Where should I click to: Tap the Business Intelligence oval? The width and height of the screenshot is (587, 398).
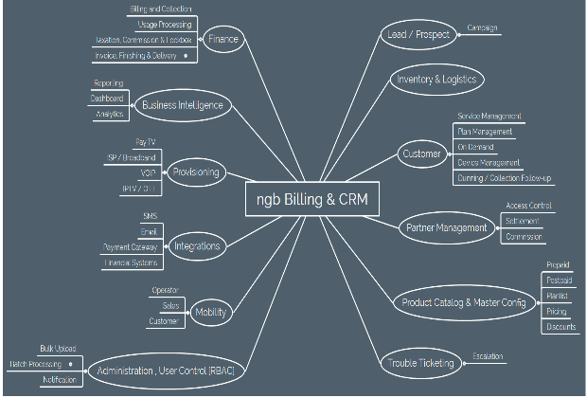click(182, 105)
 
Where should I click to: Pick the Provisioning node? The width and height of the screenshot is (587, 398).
click(195, 172)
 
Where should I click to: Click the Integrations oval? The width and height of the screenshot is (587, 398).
click(196, 246)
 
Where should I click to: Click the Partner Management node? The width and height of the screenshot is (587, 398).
click(447, 228)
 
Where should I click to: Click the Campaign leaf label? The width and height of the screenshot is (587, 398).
click(482, 29)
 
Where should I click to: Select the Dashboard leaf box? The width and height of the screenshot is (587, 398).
click(107, 99)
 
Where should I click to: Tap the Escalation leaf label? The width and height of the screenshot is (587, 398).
click(487, 356)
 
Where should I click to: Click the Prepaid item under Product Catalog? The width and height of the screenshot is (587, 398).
click(558, 265)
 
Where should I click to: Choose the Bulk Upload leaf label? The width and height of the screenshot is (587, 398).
click(57, 349)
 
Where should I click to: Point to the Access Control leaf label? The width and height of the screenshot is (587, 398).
click(529, 206)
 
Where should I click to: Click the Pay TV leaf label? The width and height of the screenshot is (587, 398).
click(145, 141)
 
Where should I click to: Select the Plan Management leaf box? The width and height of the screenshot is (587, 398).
click(485, 132)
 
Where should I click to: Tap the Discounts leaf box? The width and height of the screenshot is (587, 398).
click(560, 327)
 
